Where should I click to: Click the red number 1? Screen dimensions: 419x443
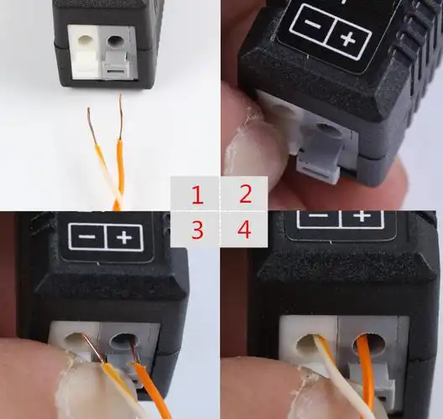point(197,196)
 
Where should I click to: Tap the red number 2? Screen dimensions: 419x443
point(245,195)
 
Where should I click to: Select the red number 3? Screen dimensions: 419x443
point(197,230)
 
